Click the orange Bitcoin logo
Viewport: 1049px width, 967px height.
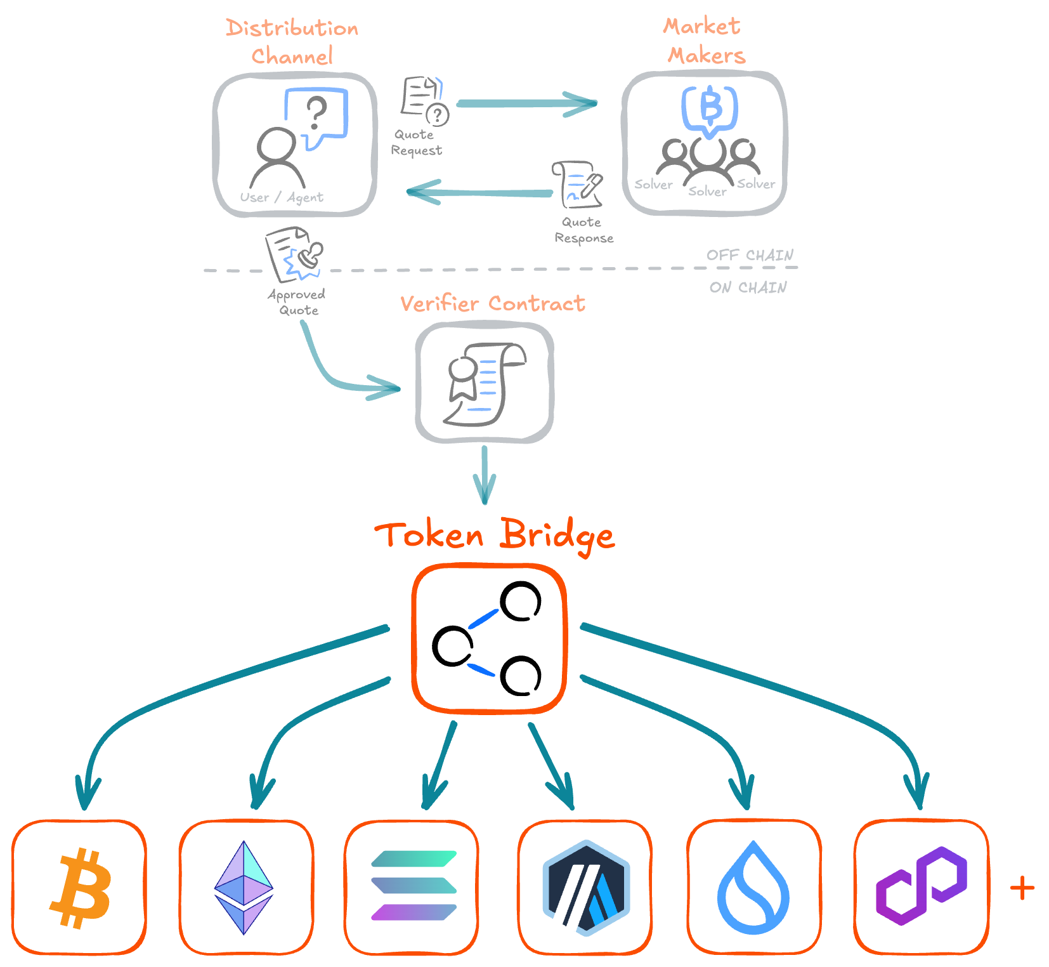[81, 888]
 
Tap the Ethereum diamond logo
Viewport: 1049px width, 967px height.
[244, 888]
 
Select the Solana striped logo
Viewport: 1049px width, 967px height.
[414, 886]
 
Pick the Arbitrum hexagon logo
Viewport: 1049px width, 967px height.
[586, 888]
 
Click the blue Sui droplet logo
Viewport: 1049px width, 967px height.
[753, 888]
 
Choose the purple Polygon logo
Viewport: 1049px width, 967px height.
[921, 885]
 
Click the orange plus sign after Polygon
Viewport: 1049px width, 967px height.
[1022, 888]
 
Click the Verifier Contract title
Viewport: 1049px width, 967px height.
[493, 303]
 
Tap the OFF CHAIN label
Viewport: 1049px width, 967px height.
[750, 255]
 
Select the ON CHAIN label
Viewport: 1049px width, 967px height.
[748, 287]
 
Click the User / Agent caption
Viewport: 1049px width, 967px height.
[282, 197]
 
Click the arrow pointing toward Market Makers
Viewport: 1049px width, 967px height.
[526, 103]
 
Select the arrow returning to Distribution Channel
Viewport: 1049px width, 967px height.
[479, 192]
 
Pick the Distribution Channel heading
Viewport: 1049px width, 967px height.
[292, 42]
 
